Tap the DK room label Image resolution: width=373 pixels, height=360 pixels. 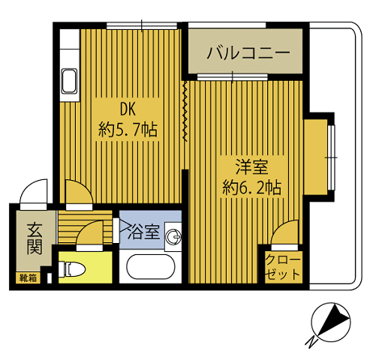126,107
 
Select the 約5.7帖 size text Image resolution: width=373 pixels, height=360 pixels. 128,128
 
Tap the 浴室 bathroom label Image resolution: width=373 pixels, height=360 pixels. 146,232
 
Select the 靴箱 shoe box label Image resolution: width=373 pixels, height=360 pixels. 27,277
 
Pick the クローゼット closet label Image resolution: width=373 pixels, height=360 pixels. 283,267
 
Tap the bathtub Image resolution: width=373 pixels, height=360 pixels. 151,268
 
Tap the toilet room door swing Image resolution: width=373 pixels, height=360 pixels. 89,235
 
